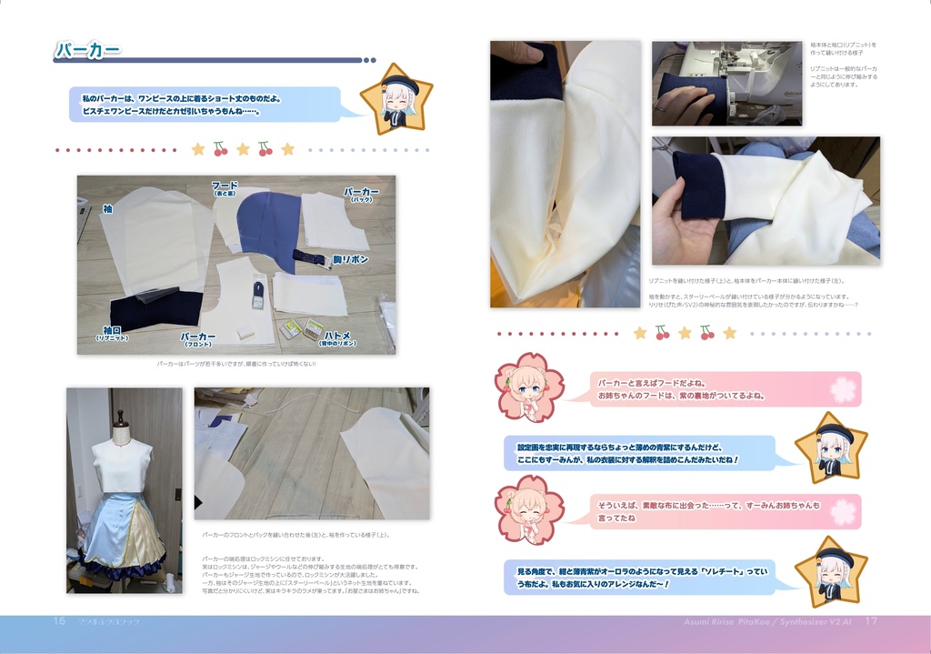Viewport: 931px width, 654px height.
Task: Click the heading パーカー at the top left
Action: click(x=87, y=51)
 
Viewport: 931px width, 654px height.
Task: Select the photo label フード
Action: click(x=225, y=186)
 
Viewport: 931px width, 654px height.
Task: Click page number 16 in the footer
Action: click(x=59, y=621)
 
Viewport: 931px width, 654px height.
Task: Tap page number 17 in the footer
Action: click(x=870, y=621)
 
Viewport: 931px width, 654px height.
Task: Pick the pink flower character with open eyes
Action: click(x=528, y=387)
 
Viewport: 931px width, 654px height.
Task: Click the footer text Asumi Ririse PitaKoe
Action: click(x=767, y=621)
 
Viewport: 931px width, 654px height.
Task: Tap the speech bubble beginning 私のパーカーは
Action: click(x=205, y=104)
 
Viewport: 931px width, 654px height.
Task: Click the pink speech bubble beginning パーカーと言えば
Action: click(x=725, y=388)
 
